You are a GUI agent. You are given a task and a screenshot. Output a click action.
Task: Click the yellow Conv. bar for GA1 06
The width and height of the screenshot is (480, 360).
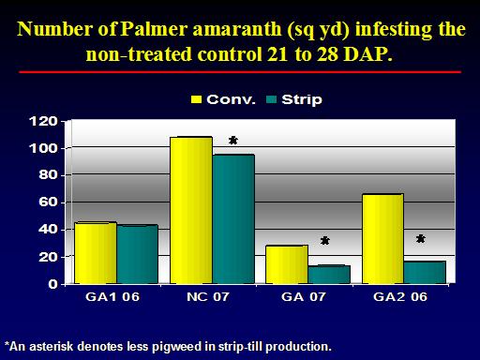click(x=96, y=253)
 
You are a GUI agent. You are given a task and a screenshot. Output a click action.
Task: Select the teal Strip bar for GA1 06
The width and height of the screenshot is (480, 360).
click(x=137, y=254)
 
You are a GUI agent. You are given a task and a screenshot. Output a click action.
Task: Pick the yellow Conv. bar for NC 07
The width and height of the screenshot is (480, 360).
click(x=191, y=210)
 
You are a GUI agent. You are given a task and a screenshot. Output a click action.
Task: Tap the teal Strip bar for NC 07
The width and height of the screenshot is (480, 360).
click(x=233, y=218)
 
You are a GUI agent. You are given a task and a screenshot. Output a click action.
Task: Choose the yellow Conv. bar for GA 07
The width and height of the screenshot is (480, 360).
click(x=287, y=264)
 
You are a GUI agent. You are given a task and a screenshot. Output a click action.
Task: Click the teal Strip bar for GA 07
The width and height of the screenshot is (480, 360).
click(x=329, y=275)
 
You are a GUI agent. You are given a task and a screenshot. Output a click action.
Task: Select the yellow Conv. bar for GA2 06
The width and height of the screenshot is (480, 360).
click(x=382, y=239)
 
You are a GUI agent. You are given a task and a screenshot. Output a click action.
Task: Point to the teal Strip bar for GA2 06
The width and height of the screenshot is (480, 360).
click(x=425, y=273)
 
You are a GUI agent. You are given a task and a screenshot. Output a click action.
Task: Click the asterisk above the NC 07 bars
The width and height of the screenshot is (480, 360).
click(x=233, y=141)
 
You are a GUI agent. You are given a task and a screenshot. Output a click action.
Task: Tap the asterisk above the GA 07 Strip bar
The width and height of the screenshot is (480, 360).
click(x=325, y=241)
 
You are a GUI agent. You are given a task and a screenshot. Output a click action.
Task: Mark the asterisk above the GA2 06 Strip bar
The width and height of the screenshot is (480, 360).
click(x=421, y=239)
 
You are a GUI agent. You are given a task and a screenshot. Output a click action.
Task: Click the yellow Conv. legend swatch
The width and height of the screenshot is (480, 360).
click(x=196, y=99)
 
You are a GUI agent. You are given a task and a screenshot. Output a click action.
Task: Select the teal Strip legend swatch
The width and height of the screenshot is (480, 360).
click(x=271, y=99)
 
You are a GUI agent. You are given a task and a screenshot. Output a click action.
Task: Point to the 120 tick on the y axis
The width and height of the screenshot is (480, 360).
click(x=43, y=121)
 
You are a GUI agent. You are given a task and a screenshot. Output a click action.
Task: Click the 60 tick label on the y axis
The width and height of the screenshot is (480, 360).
click(x=49, y=202)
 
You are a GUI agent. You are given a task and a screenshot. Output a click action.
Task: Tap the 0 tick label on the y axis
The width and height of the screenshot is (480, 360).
click(x=53, y=284)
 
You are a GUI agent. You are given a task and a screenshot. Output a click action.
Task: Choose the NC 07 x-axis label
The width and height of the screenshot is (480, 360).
click(x=208, y=296)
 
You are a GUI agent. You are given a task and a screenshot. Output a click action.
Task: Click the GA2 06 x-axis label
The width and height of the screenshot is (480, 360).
click(x=400, y=296)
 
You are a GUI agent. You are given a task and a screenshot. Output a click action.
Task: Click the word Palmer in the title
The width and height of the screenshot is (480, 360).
click(x=154, y=29)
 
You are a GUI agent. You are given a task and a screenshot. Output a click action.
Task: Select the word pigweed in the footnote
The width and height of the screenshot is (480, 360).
click(x=176, y=347)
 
